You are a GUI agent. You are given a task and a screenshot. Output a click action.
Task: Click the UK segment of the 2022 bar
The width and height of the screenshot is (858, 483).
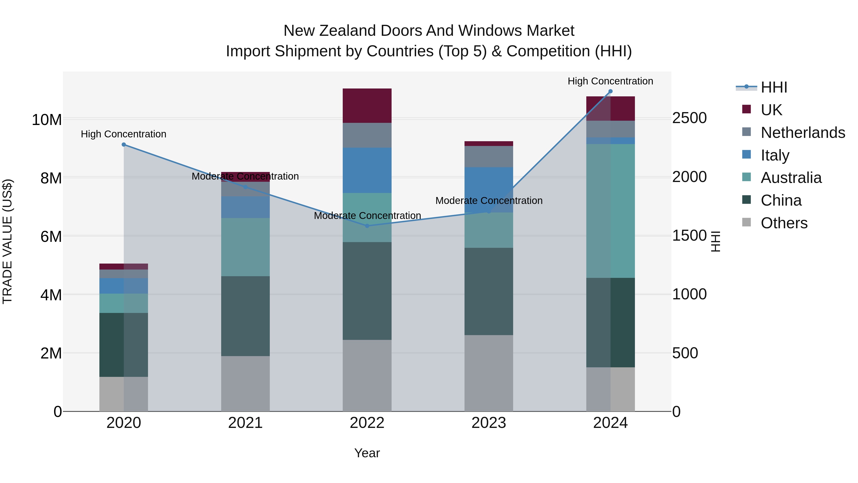click(367, 106)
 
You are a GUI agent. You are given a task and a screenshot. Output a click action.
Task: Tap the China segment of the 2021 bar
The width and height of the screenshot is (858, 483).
click(245, 316)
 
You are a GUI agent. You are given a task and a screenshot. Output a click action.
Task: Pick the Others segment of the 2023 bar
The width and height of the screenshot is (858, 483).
click(489, 373)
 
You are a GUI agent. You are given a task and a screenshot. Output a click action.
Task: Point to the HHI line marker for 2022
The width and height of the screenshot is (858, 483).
click(367, 226)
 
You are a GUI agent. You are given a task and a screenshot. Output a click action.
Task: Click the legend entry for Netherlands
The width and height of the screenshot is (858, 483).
click(803, 133)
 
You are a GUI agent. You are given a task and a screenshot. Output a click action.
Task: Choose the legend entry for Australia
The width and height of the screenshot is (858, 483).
click(791, 178)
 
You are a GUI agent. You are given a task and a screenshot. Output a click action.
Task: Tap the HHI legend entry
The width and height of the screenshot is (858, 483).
click(774, 87)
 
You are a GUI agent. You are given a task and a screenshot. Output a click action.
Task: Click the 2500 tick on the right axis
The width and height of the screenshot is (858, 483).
click(689, 118)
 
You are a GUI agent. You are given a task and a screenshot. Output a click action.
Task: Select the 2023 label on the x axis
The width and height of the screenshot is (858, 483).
click(489, 423)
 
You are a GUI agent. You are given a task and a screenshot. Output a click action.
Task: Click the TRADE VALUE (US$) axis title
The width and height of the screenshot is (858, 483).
click(8, 241)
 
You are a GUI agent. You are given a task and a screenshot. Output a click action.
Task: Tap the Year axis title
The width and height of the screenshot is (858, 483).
click(367, 453)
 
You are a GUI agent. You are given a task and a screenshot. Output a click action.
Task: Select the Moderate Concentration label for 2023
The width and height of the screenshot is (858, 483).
click(489, 201)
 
